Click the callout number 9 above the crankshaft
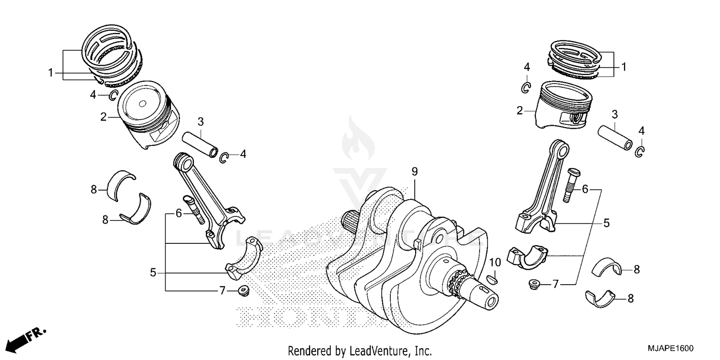[x=415, y=171]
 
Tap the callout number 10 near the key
[x=495, y=263]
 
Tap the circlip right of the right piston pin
[x=640, y=151]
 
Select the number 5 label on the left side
[x=153, y=273]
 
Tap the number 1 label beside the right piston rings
[x=624, y=67]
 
